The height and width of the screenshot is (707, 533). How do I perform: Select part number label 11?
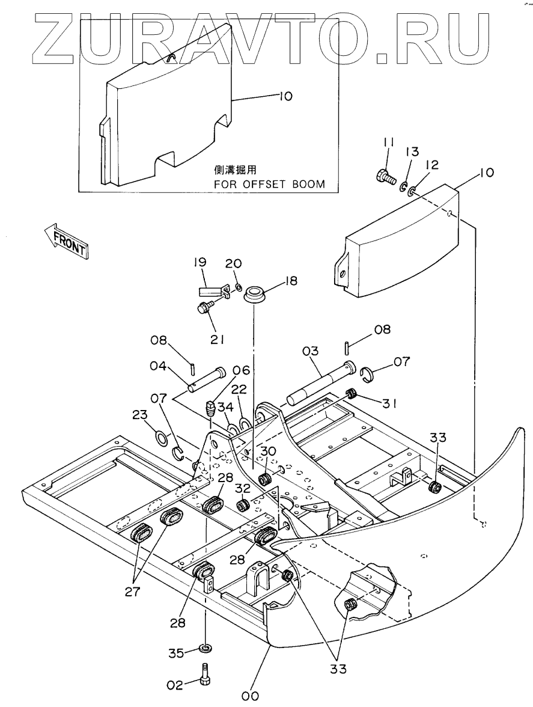[389, 143]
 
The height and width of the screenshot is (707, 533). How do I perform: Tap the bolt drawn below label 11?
[385, 176]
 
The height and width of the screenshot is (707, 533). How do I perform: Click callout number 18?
[291, 281]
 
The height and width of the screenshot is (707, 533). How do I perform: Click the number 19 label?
[200, 262]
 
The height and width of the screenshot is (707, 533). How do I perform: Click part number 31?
[389, 403]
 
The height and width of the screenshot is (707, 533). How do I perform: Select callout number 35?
[176, 652]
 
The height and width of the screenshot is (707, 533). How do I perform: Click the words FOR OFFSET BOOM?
[269, 184]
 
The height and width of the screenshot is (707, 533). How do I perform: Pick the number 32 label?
[242, 488]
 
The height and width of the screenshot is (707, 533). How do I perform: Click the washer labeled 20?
[239, 286]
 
